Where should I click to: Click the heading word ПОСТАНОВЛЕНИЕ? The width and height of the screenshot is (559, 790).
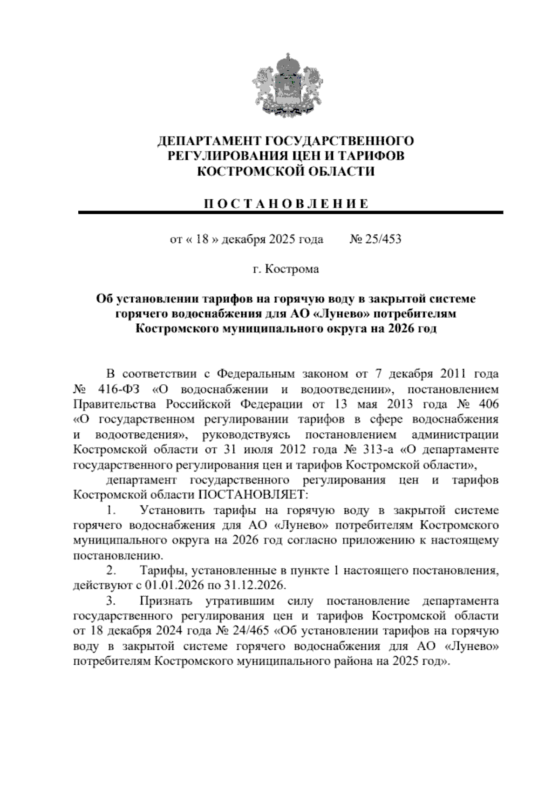286,204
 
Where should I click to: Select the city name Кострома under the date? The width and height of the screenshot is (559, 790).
292,270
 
